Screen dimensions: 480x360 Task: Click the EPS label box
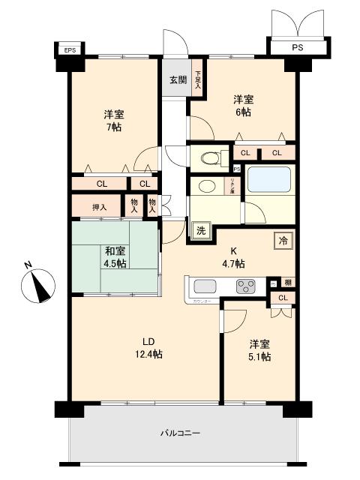point(70,50)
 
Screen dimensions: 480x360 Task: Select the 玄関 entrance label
point(178,80)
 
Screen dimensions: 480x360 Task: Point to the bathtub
point(268,181)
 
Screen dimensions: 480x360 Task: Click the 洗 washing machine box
point(200,232)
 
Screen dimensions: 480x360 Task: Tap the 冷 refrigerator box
point(283,240)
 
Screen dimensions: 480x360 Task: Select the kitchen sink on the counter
point(205,286)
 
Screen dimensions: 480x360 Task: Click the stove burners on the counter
point(245,285)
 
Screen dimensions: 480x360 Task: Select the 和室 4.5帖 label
point(115,257)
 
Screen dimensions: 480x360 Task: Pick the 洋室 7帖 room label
point(114,120)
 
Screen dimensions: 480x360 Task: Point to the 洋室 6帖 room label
point(242,106)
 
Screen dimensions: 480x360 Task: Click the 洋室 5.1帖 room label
point(259,350)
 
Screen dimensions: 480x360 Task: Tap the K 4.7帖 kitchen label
point(232,258)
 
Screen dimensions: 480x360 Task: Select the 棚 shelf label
point(287,283)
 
